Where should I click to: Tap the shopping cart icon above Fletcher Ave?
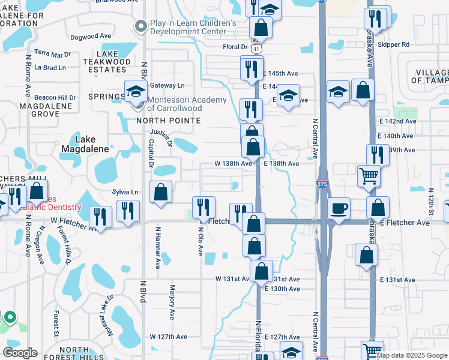pos(369,176)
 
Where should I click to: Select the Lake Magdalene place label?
pos(85,144)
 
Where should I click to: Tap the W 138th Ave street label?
pos(233,163)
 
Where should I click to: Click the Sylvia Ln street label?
pos(125,192)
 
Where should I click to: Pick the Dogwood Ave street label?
pos(91,37)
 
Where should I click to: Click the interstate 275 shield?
pos(322,185)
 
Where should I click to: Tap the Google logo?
pos(20,353)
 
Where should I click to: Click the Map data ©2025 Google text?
pos(412,356)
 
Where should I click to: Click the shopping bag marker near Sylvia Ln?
pos(161,192)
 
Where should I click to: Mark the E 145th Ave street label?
pos(281,73)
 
